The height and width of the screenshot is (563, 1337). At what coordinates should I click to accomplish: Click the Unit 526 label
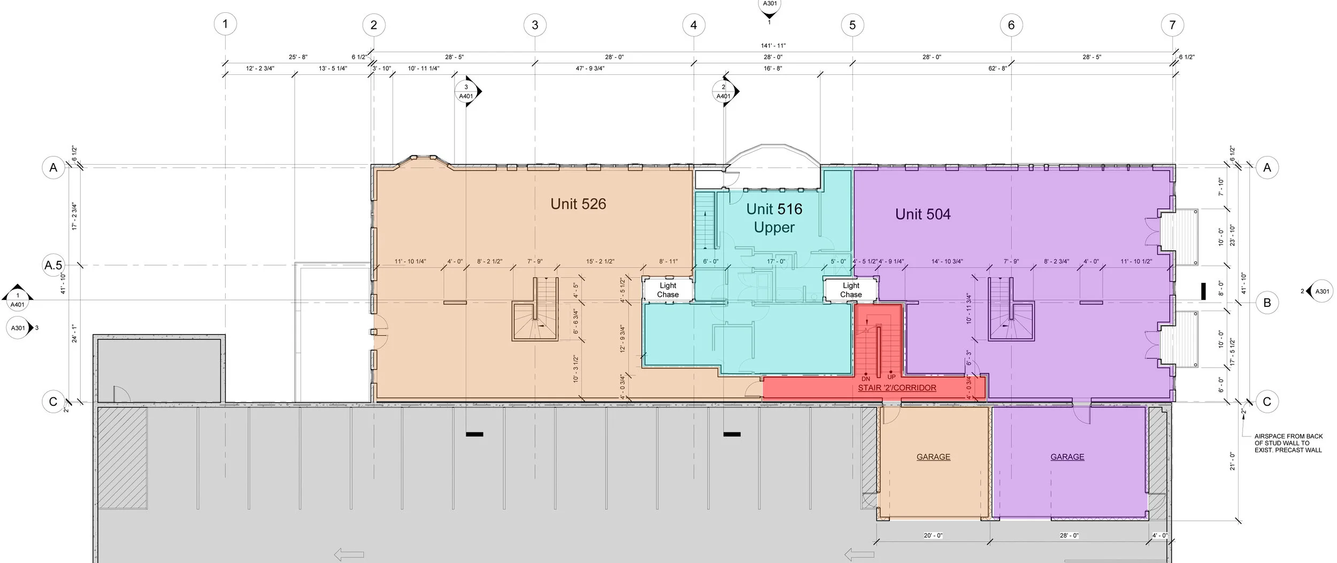tap(578, 204)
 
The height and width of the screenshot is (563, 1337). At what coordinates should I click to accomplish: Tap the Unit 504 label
tap(923, 214)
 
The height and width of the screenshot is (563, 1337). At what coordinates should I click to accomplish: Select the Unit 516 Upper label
tap(774, 218)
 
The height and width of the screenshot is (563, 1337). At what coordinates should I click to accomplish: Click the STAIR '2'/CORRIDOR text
tap(897, 388)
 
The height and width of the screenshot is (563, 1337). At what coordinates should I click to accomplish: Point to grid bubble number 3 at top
tap(535, 25)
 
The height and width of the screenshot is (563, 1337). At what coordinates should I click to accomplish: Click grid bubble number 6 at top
tap(1011, 25)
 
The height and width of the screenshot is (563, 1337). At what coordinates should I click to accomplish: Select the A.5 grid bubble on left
tap(53, 265)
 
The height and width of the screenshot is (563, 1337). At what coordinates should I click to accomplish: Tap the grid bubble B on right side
tap(1267, 303)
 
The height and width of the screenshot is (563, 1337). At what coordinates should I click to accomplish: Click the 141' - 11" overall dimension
tap(773, 46)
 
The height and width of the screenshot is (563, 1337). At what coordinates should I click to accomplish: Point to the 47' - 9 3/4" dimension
tap(590, 68)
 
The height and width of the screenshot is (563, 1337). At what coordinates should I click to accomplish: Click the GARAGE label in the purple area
tap(1067, 457)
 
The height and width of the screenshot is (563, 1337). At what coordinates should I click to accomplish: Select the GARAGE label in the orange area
tap(933, 457)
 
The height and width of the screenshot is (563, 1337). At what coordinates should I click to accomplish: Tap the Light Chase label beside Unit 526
tap(667, 290)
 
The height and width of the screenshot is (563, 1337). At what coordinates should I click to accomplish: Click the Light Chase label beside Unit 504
tap(851, 290)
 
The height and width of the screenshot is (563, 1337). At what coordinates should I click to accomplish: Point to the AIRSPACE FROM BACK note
tap(1288, 443)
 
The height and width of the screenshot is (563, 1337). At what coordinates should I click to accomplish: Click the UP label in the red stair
tap(892, 377)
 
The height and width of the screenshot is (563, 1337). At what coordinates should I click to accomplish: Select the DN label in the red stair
tap(866, 379)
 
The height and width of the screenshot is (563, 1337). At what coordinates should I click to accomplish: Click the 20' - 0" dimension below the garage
tap(933, 535)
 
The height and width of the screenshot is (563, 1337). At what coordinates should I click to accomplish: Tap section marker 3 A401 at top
tap(466, 91)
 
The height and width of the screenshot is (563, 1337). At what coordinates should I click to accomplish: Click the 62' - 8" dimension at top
tap(997, 68)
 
